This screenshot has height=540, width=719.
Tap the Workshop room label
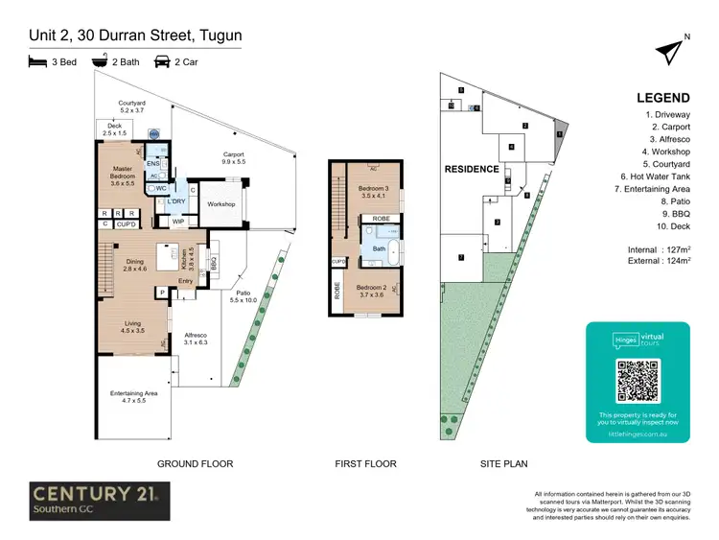(221, 204)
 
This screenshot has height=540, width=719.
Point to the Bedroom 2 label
(373, 291)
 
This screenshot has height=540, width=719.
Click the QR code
(638, 381)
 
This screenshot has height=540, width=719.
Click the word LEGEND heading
(662, 98)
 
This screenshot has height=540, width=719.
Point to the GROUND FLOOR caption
(195, 463)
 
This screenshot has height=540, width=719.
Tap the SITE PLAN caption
(504, 463)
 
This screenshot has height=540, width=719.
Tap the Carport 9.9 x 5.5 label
(234, 158)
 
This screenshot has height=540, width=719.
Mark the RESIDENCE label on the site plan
(471, 169)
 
